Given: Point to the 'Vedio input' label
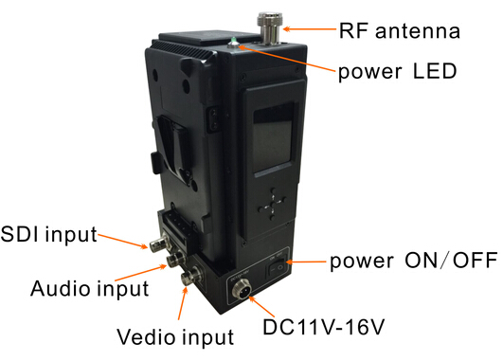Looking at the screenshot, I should tap(174, 334).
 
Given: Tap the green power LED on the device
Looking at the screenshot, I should tap(233, 40).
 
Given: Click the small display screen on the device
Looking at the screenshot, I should tap(272, 142).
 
